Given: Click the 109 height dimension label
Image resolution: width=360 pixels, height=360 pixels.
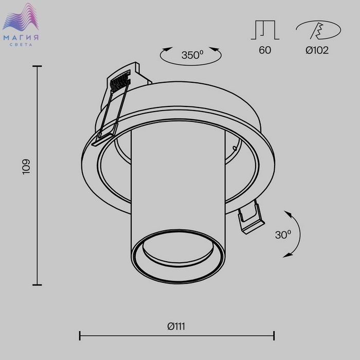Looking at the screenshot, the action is pos(26,167).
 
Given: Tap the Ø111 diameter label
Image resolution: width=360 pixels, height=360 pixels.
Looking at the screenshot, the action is pos(176,326).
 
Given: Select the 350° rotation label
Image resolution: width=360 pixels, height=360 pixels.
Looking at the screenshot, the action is pos(192,55).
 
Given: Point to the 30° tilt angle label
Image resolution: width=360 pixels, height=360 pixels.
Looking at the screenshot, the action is pos(283,235).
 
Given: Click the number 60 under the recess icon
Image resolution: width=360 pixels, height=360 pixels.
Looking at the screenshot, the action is pos(265,50).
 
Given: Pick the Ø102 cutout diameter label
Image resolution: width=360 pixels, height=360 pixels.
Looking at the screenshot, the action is pos(317,50).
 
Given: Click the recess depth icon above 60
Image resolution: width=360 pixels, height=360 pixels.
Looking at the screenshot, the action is pos(265,30).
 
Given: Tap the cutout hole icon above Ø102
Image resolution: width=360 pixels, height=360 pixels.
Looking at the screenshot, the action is pos(318,30).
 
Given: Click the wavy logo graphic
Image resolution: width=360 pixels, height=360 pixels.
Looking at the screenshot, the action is pos(21,17).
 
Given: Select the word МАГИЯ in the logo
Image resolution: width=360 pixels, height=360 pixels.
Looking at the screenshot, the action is pos(21,38).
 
